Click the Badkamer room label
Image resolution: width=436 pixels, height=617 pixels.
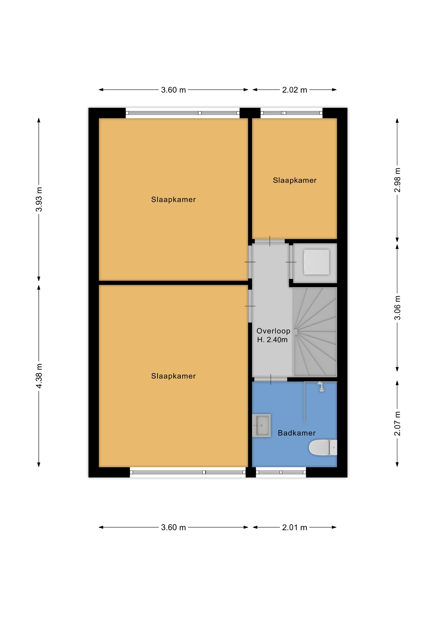[297, 433]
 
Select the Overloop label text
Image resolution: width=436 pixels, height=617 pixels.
[273, 331]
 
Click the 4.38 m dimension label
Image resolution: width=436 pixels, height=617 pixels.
[39, 376]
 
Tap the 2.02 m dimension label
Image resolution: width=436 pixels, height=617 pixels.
[294, 90]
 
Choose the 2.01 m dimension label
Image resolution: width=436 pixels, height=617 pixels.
[294, 527]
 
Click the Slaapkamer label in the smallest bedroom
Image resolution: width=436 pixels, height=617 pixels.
[295, 180]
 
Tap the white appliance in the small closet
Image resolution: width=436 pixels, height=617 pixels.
[316, 262]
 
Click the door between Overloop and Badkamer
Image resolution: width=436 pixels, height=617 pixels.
[271, 379]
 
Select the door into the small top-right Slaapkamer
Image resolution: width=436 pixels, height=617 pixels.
[270, 241]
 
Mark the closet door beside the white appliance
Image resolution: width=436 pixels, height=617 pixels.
[291, 262]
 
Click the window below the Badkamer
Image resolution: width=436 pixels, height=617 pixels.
[281, 472]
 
